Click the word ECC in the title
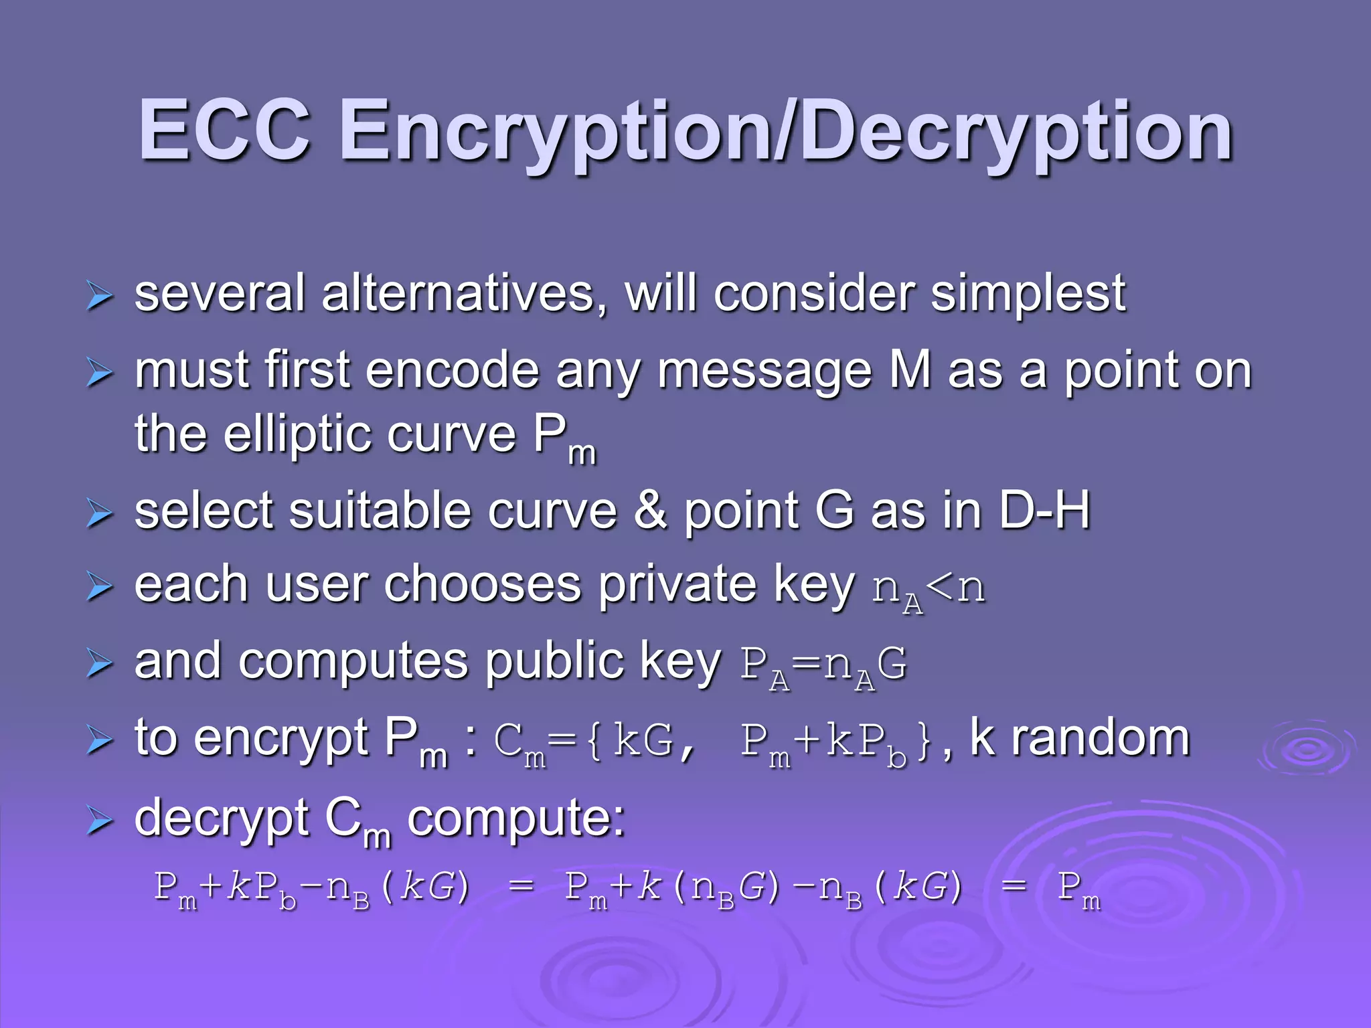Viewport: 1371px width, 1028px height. click(224, 131)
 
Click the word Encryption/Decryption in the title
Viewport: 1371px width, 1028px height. click(786, 134)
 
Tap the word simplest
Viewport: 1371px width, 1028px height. click(1028, 294)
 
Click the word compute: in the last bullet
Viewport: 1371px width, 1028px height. click(516, 818)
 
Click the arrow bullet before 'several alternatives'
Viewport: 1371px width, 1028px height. click(99, 296)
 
